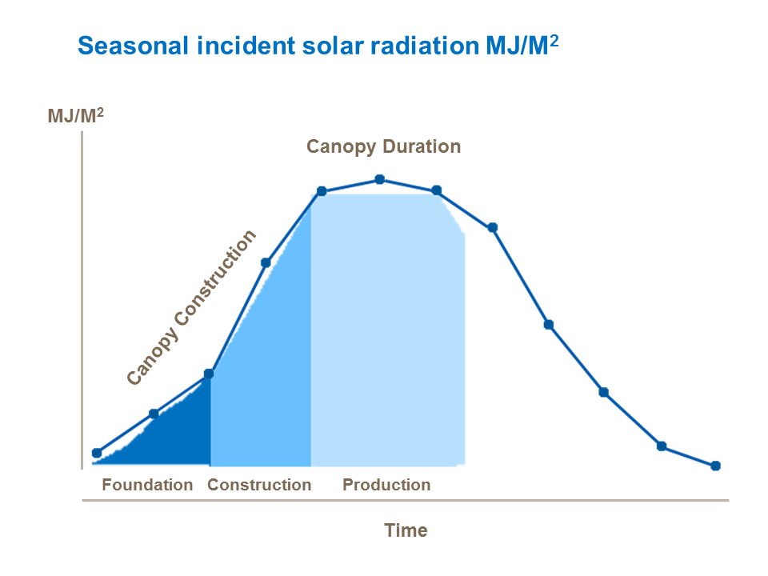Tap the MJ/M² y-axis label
(x=75, y=116)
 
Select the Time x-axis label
(x=406, y=530)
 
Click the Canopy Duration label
(x=384, y=146)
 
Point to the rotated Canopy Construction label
(x=192, y=307)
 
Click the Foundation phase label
(x=147, y=485)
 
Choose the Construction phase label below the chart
(x=259, y=485)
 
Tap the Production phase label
(x=386, y=485)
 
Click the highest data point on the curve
(x=380, y=180)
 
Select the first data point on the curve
(x=97, y=453)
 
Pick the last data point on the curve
(x=715, y=466)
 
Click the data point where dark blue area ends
(x=210, y=374)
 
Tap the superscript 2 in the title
(x=554, y=38)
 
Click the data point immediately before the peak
(x=322, y=191)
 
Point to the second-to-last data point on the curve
(x=662, y=446)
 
